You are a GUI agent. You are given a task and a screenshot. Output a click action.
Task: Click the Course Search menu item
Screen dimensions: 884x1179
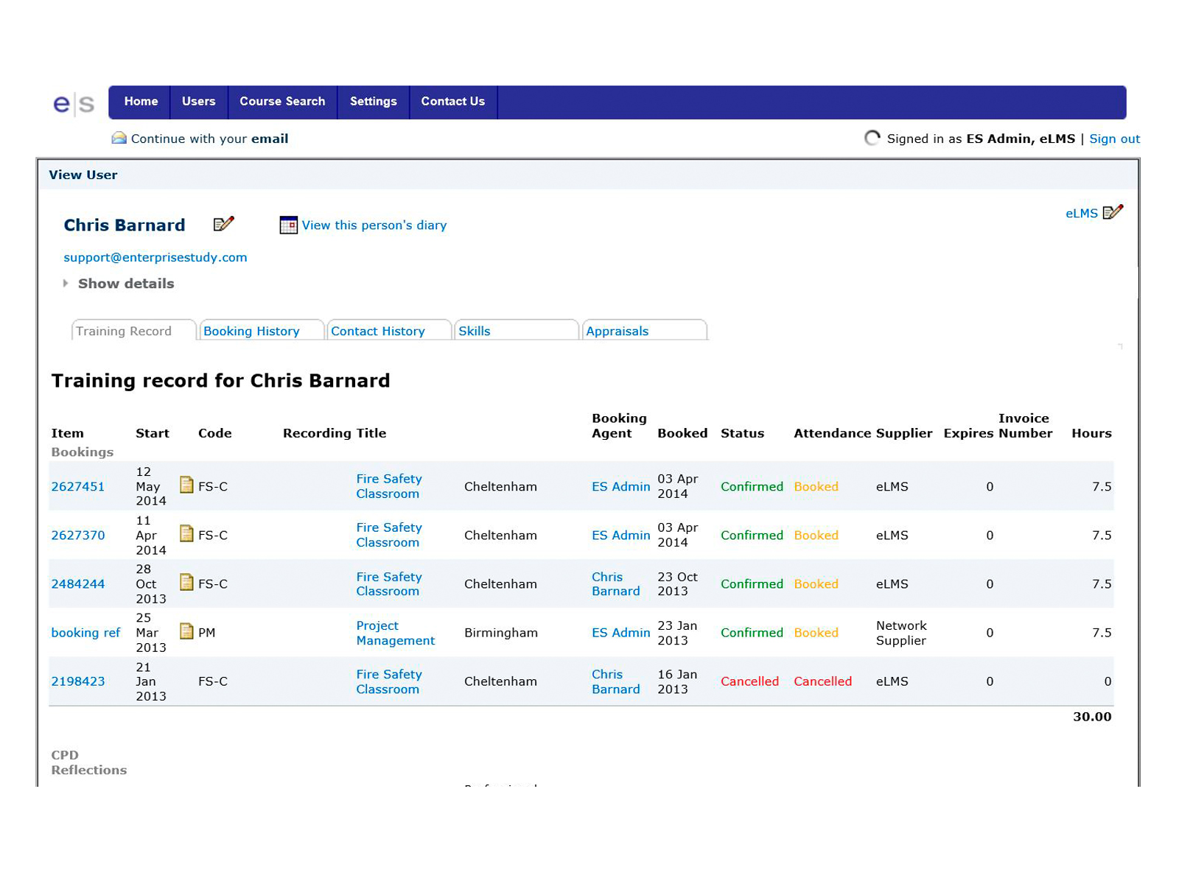point(282,102)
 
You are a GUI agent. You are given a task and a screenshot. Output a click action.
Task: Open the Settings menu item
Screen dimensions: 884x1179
point(373,102)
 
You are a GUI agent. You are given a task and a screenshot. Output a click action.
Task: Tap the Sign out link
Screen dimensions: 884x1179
point(1114,138)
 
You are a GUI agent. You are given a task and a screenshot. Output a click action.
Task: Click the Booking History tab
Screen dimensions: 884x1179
point(252,331)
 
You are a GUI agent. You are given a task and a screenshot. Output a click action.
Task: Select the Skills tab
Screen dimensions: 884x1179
point(475,331)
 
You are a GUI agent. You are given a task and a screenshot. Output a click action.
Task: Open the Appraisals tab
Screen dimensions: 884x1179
point(618,331)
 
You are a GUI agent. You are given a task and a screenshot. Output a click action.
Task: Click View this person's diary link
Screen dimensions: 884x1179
point(374,225)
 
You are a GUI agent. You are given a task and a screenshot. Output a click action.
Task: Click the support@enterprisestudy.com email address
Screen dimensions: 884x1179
point(155,257)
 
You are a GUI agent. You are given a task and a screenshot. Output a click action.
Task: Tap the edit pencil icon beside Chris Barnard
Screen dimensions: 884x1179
point(223,224)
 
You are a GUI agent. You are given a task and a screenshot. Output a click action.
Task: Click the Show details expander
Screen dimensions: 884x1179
point(125,284)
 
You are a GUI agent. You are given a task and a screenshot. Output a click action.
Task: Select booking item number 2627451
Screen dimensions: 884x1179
point(78,486)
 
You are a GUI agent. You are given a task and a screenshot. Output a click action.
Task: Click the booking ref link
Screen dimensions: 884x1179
point(85,633)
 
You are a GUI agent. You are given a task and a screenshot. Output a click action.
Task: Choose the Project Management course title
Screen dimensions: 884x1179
point(395,633)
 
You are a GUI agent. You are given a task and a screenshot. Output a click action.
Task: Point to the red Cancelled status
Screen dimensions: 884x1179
point(749,681)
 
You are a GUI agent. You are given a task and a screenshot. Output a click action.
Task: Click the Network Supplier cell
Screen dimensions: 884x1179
point(901,633)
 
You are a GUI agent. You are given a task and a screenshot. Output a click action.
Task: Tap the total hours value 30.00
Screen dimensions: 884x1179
point(1092,717)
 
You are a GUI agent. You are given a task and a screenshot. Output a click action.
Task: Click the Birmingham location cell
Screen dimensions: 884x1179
point(501,633)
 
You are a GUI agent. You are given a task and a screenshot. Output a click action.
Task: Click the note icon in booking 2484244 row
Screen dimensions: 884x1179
point(187,583)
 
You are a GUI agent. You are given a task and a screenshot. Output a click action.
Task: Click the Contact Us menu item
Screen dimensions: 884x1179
point(452,102)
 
